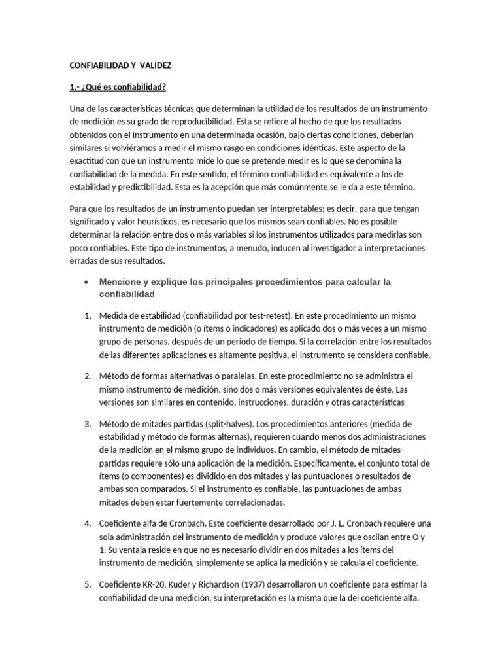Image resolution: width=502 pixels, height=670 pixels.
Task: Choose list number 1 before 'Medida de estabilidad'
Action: click(87, 315)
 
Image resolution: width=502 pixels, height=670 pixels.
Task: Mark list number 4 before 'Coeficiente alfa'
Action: click(87, 523)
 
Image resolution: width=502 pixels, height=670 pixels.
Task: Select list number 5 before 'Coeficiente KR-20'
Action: click(87, 584)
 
